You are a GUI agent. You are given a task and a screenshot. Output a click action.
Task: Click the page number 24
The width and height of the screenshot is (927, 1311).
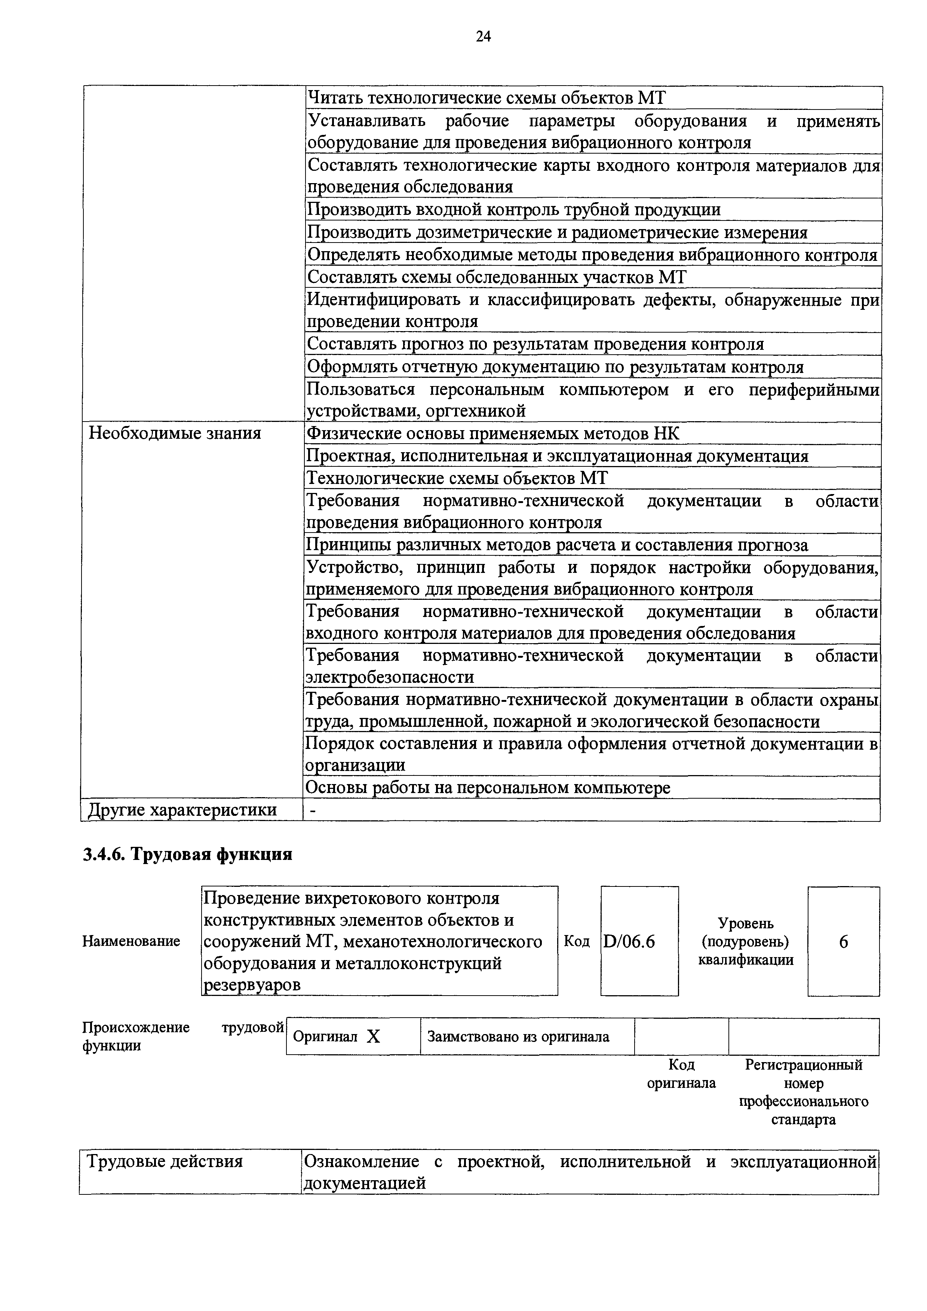click(483, 37)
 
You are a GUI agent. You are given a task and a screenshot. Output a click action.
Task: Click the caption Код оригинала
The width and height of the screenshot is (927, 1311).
click(681, 1073)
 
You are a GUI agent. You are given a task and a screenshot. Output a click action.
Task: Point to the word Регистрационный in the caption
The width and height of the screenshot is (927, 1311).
click(803, 1065)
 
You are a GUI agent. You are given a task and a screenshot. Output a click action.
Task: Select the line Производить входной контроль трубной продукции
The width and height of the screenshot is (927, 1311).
click(513, 210)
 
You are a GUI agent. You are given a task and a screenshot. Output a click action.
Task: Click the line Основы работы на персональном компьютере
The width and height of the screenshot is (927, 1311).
click(488, 788)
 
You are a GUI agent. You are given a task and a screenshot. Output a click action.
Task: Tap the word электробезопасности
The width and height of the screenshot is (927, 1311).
click(390, 677)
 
